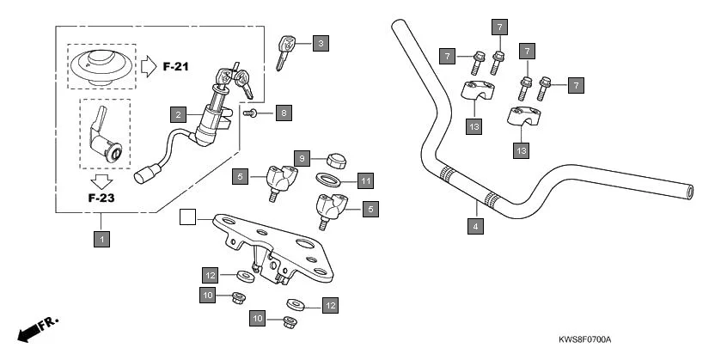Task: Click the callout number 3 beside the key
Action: (320, 43)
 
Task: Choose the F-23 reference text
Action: (102, 198)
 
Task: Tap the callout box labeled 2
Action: (178, 113)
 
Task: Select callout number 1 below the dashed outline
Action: (101, 240)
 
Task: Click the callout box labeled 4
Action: (474, 227)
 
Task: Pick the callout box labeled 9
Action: (302, 158)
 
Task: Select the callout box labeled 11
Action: (365, 180)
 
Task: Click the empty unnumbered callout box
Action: (186, 217)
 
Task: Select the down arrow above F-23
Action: (102, 180)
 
